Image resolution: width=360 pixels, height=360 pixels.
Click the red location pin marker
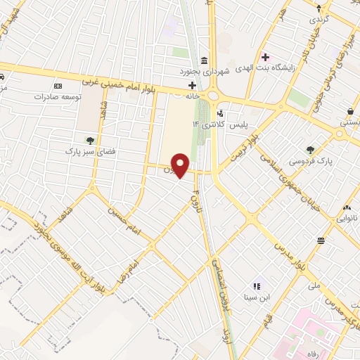(181, 165)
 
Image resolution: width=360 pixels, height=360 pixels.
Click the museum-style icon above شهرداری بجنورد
(203, 60)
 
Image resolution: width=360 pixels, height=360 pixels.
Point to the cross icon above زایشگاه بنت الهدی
(265, 57)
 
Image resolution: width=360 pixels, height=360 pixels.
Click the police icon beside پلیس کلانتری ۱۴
(221, 113)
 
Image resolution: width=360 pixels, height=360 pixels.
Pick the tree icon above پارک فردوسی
(310, 149)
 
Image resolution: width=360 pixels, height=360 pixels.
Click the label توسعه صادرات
(56, 97)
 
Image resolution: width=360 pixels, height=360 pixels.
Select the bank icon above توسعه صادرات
(58, 86)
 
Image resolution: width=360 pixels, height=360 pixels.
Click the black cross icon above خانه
(191, 84)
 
